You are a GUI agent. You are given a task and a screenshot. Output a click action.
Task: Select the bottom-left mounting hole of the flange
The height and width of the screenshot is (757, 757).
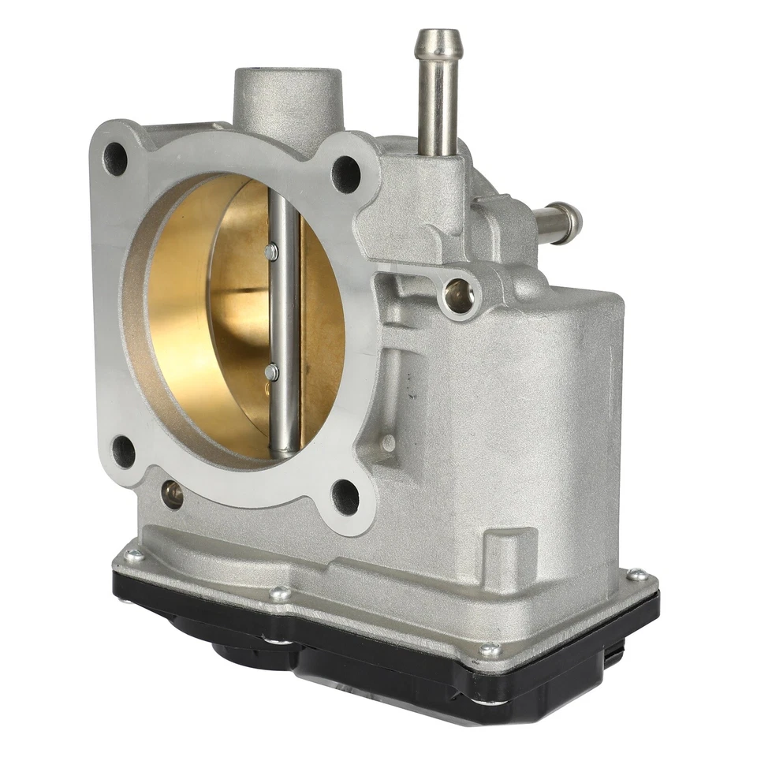[x=124, y=452]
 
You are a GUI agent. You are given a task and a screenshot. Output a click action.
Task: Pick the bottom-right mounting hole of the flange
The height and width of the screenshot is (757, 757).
[x=345, y=497]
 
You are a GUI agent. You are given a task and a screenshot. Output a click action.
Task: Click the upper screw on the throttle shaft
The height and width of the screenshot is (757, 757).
[x=272, y=252]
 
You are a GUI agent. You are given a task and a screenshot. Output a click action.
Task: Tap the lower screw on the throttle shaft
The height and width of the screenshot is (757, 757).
[x=272, y=371]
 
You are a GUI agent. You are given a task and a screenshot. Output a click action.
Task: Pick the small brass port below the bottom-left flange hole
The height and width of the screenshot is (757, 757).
[x=172, y=494]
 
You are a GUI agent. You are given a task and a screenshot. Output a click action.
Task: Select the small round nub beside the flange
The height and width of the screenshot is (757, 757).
[x=387, y=443]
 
